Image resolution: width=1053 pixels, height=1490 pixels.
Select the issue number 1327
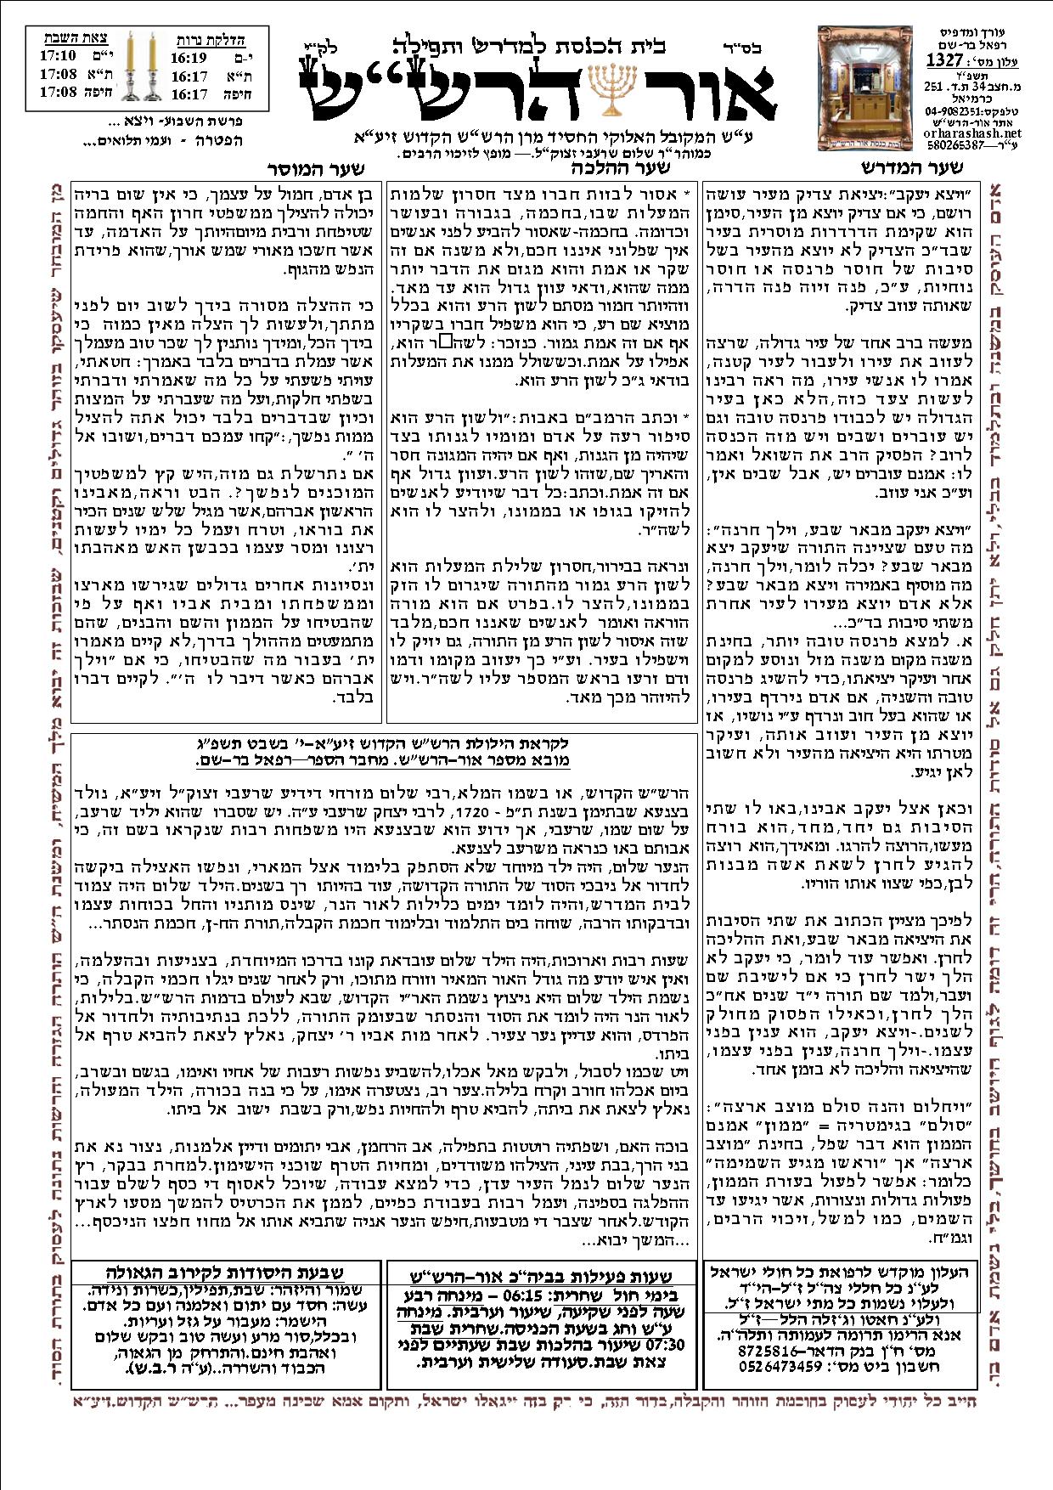coord(943,60)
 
